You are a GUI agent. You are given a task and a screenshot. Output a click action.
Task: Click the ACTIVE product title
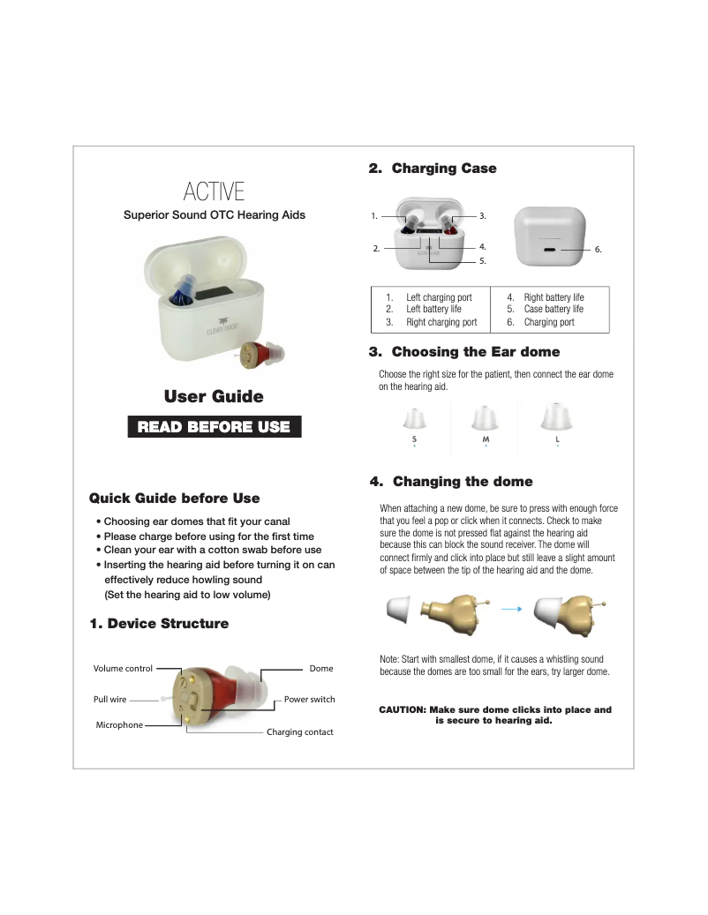tap(214, 191)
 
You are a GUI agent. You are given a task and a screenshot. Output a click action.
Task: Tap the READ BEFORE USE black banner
tap(214, 427)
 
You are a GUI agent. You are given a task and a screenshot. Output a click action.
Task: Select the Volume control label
tap(123, 669)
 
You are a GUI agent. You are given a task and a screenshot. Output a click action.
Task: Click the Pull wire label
tap(109, 700)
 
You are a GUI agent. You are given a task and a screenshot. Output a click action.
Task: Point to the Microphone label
tap(118, 725)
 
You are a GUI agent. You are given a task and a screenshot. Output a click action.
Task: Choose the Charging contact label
tap(299, 732)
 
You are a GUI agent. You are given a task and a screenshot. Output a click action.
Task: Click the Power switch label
tap(309, 700)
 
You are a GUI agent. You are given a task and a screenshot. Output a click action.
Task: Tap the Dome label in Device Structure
tap(320, 669)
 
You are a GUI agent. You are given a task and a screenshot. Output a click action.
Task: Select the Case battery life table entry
tap(553, 310)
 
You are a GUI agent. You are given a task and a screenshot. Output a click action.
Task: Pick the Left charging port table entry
tap(438, 298)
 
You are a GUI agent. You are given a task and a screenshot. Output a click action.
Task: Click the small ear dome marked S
tap(414, 419)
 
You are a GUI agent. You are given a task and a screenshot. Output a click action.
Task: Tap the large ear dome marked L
tap(556, 416)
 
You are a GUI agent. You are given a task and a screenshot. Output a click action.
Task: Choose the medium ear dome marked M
tap(485, 419)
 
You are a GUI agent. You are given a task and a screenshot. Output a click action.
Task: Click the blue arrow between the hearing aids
tap(512, 608)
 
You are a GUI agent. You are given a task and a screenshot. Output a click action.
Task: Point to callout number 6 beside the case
tap(598, 250)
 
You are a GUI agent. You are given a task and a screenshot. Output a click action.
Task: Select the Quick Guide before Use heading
tap(175, 499)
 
